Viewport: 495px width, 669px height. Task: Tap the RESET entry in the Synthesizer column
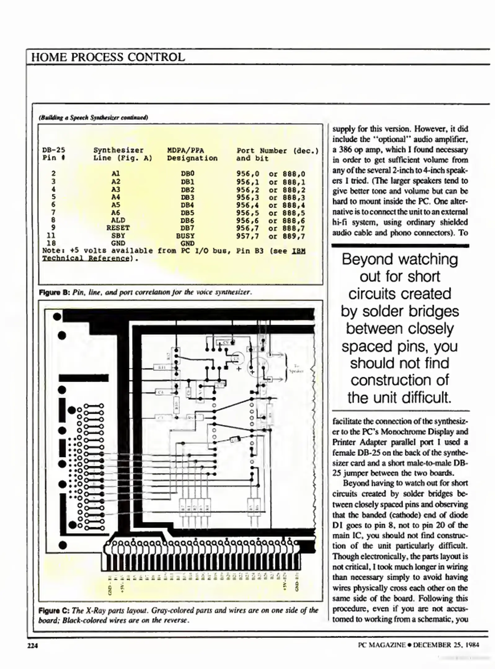118,228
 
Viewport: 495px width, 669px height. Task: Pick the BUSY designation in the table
185,236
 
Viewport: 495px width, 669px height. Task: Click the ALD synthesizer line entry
118,220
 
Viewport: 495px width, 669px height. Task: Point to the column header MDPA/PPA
185,151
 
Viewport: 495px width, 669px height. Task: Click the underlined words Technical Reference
85,258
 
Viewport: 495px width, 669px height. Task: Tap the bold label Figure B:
55,292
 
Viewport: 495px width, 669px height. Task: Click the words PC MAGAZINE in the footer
381,645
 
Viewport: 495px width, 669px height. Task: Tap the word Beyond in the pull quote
362,260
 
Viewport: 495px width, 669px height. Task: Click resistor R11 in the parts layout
162,368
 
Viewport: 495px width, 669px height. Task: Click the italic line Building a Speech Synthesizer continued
93,117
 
